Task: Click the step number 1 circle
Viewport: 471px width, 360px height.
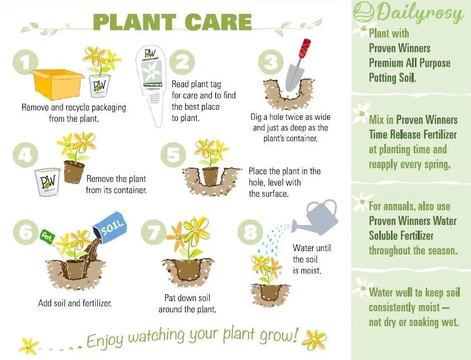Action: (x=26, y=62)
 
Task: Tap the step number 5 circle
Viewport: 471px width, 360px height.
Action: (x=173, y=155)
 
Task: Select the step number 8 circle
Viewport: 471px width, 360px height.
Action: (x=251, y=232)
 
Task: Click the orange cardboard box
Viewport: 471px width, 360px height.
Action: (x=57, y=84)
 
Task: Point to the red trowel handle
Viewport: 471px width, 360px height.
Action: (x=304, y=49)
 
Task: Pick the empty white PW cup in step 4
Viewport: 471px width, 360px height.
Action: (x=47, y=182)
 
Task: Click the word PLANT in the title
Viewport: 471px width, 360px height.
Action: (x=134, y=22)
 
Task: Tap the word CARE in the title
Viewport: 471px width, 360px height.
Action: (x=219, y=22)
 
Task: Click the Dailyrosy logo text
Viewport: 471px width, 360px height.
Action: (x=420, y=13)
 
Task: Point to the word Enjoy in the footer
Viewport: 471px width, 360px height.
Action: (x=105, y=340)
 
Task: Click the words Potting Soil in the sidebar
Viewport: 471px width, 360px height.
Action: (x=392, y=78)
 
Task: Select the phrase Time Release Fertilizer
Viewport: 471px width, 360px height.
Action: (x=413, y=134)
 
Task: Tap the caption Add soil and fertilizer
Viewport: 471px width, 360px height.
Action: (x=75, y=303)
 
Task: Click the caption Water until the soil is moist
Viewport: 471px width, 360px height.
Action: (x=311, y=259)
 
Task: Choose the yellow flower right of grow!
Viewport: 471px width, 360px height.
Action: (x=314, y=340)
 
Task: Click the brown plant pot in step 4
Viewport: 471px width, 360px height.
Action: (x=73, y=172)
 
